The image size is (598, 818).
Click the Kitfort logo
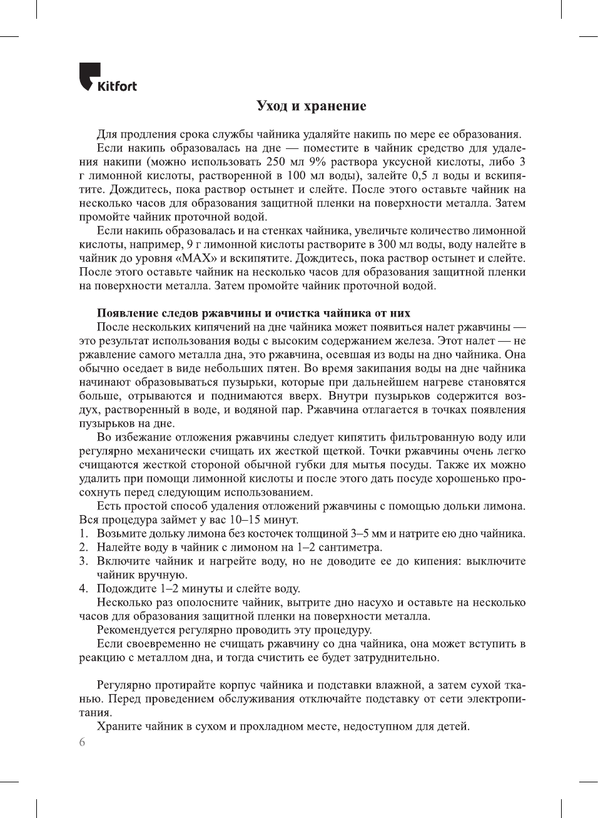(108, 78)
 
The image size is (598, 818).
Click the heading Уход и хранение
(311, 106)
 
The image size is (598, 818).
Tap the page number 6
(82, 742)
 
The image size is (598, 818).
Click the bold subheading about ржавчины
(253, 313)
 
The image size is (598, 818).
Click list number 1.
(83, 534)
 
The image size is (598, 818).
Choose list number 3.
(83, 561)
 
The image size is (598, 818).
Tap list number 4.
(83, 589)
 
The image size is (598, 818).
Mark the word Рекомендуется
(134, 630)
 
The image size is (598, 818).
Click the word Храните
(118, 727)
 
